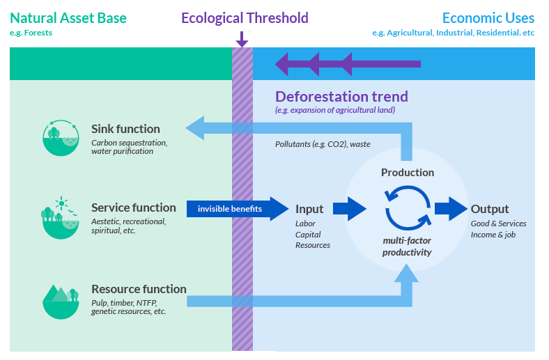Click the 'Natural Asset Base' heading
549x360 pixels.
68,18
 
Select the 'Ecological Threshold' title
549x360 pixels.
245,18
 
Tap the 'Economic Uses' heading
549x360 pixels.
488,18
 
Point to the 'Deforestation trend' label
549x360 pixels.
341,97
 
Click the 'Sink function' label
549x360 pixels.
125,129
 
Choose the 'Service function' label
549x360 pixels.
133,208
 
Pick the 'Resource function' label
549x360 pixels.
139,289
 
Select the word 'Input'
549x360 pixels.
309,209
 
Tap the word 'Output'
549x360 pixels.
490,209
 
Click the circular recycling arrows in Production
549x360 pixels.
407,208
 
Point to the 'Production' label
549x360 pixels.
408,172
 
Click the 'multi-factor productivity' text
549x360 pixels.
408,246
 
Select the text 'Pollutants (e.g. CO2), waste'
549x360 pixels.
323,144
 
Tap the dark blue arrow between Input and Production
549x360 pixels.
349,209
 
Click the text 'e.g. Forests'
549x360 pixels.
31,33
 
